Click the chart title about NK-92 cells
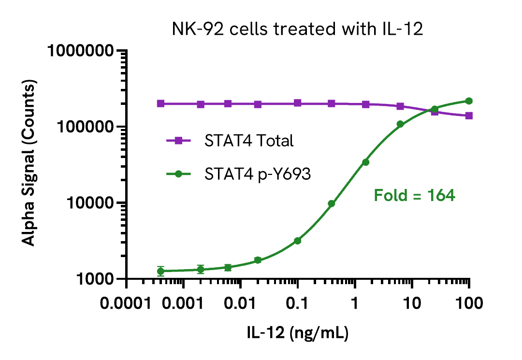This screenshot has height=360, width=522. [x=298, y=30]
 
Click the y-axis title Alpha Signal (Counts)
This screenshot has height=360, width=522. [x=30, y=164]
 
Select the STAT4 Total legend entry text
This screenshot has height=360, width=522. [x=249, y=141]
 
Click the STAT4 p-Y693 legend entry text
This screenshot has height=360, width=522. [x=257, y=174]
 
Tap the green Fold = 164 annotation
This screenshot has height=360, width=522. [x=415, y=196]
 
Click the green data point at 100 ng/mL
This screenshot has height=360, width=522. [x=469, y=101]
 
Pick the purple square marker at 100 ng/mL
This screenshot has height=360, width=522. [x=469, y=116]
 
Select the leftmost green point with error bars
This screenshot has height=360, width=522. [x=161, y=271]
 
